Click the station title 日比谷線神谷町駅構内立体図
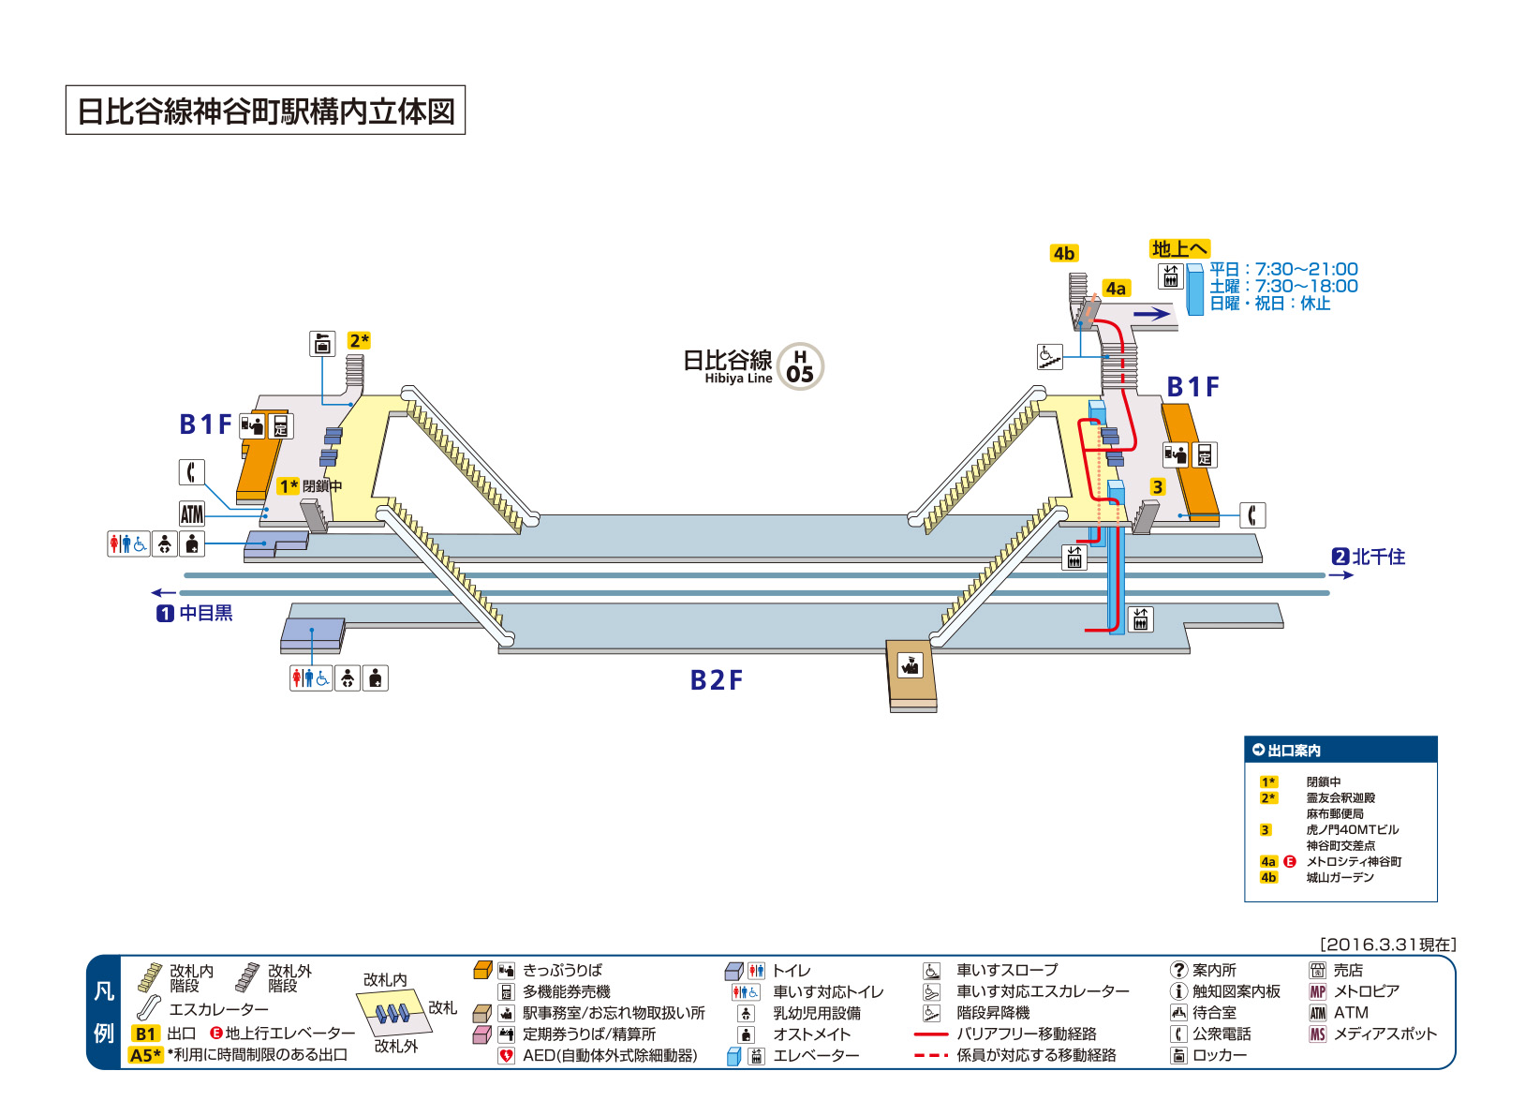point(265,111)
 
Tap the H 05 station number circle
point(800,366)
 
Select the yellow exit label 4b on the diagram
point(1063,254)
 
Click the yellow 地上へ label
point(1179,248)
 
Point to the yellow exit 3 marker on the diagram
point(1157,487)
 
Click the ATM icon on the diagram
point(192,513)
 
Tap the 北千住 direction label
point(1369,557)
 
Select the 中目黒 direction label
point(195,613)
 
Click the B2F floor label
point(716,680)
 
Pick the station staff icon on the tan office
point(911,665)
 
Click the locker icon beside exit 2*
point(321,344)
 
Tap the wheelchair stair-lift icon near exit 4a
point(1049,357)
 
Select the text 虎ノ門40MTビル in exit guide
point(1352,829)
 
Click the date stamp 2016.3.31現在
point(1388,945)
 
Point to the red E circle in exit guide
point(1290,861)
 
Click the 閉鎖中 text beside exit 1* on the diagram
point(322,486)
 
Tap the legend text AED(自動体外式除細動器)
point(610,1055)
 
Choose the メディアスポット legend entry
point(1385,1034)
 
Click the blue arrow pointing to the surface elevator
point(1151,314)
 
